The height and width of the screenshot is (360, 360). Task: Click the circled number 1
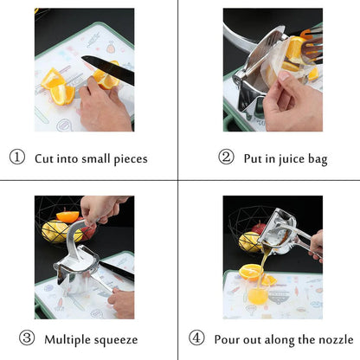tap(16, 158)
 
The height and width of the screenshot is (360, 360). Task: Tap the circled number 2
tap(226, 159)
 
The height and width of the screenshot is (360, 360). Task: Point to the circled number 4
tap(196, 338)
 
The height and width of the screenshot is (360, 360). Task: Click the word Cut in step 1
tap(45, 158)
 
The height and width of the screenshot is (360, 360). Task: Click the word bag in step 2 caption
tap(317, 160)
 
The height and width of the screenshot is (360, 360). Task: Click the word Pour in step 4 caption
tap(227, 338)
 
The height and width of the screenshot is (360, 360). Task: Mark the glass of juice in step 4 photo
tap(257, 295)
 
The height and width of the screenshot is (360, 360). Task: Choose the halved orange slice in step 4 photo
tap(250, 272)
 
